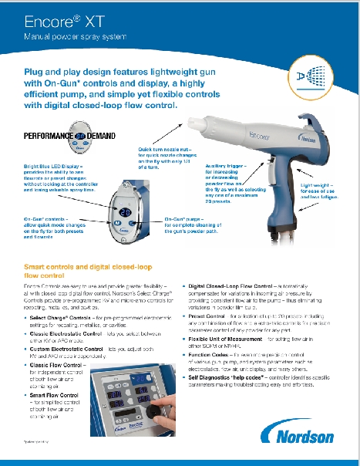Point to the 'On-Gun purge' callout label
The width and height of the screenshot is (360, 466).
184,220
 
